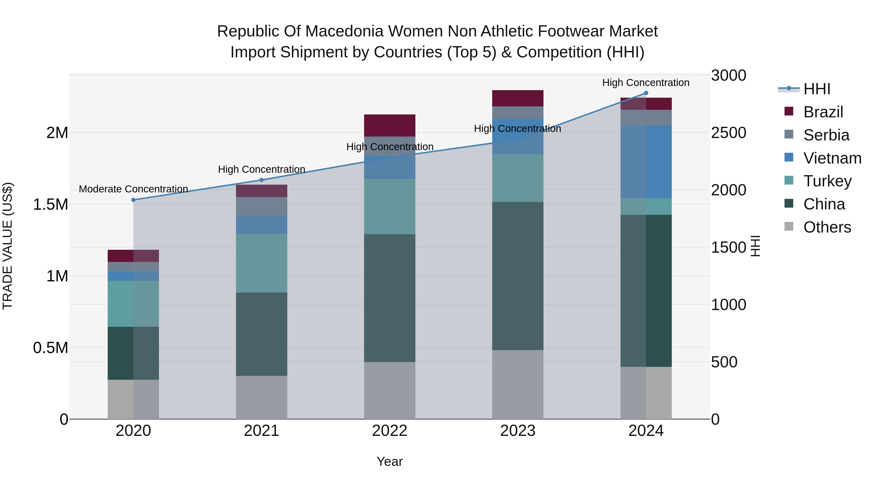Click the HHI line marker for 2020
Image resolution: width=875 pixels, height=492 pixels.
click(x=133, y=200)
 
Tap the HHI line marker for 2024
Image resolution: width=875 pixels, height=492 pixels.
click(x=646, y=93)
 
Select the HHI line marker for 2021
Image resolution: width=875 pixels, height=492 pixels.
click(x=262, y=180)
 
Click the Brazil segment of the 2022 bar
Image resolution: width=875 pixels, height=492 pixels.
click(x=390, y=125)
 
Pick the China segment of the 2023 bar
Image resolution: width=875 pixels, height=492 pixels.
click(x=518, y=276)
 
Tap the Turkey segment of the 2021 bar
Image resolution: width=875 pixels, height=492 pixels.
click(x=262, y=263)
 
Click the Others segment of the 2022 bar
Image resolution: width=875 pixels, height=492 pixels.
click(x=390, y=390)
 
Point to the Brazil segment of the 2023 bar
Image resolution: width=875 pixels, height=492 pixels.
click(x=518, y=98)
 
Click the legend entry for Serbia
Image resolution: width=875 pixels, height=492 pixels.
click(x=826, y=135)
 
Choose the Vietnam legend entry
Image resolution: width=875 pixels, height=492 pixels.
click(x=832, y=158)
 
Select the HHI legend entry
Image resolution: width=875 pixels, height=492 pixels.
click(x=817, y=89)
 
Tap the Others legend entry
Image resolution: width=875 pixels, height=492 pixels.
click(x=827, y=227)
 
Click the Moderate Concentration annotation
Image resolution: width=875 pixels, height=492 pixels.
click(x=133, y=189)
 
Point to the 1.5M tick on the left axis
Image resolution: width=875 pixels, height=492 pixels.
click(x=50, y=204)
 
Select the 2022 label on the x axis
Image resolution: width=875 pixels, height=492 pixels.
click(x=390, y=431)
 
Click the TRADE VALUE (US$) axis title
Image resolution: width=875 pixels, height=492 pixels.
click(x=8, y=246)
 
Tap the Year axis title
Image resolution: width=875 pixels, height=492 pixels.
click(x=390, y=461)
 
